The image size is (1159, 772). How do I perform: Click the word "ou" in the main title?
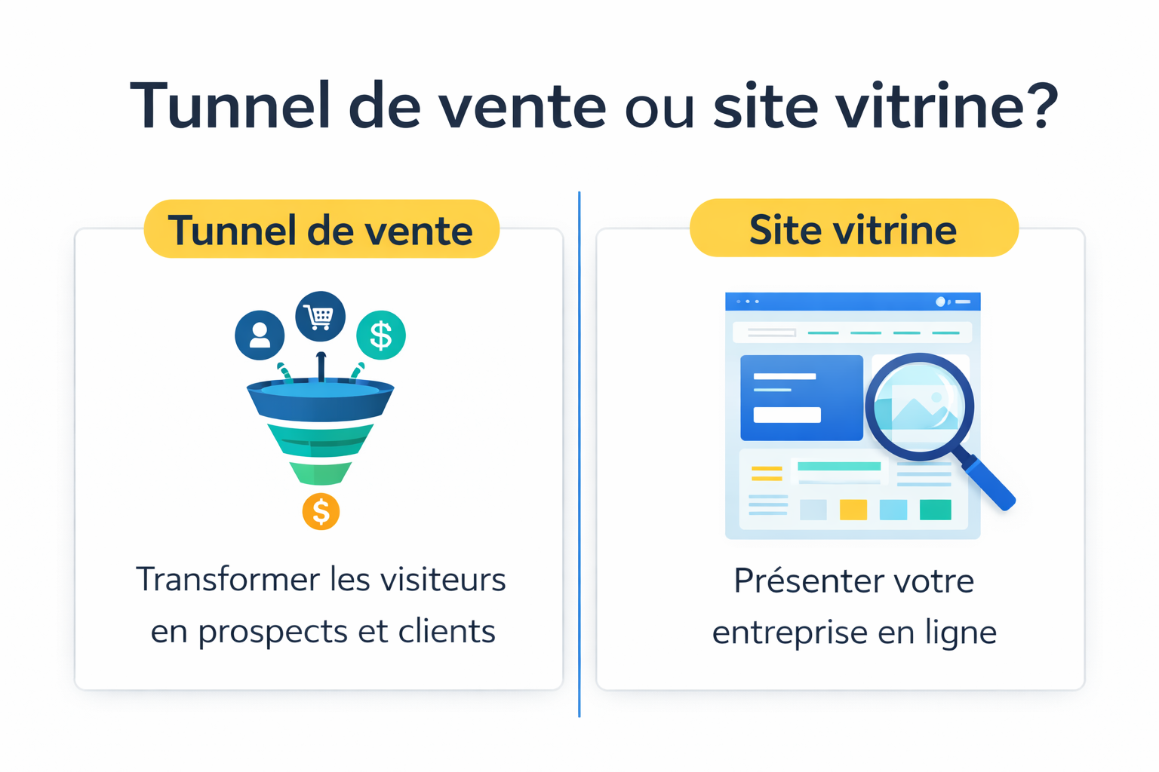tap(659, 109)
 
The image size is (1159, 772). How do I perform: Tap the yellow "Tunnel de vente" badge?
tap(321, 229)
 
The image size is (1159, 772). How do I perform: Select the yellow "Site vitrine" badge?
tap(853, 228)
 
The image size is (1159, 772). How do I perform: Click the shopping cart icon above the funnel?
tap(321, 316)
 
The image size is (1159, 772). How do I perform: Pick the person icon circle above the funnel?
tap(260, 335)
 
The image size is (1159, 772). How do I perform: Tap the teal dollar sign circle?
tap(381, 335)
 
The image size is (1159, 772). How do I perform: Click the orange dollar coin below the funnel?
tap(321, 512)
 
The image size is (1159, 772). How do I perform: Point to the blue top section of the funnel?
tap(321, 403)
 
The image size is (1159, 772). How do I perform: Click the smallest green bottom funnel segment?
tap(321, 473)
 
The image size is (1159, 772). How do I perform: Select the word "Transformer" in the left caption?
tap(227, 580)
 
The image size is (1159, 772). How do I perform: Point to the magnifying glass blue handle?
tap(989, 482)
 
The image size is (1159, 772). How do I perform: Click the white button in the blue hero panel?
tap(787, 415)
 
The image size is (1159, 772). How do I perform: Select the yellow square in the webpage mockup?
tap(853, 510)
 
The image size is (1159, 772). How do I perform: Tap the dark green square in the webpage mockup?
tap(936, 510)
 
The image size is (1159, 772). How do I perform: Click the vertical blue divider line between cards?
tap(579, 452)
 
